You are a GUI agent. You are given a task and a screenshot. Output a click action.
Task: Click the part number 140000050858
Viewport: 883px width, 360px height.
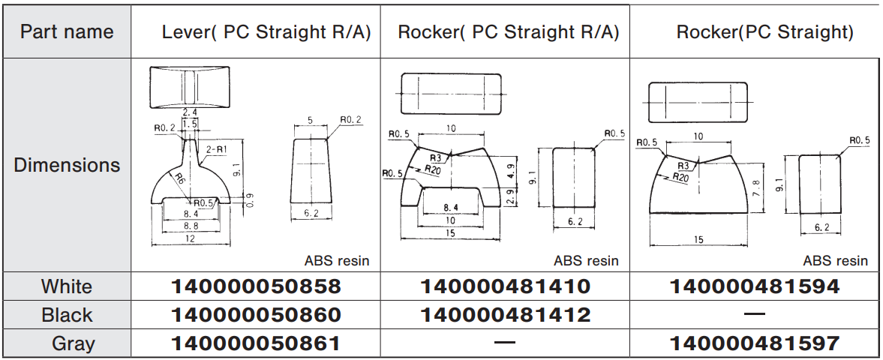[256, 286]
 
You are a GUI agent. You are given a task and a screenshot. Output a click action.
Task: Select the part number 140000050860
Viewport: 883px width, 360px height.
[256, 315]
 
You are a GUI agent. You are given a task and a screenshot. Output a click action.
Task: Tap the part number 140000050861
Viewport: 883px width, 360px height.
[256, 343]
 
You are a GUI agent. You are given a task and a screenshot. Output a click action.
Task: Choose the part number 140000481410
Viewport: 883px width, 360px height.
[505, 286]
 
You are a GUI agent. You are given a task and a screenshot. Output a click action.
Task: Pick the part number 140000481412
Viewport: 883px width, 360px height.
[505, 315]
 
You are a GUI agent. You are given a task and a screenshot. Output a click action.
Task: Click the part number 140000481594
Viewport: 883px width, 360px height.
[754, 286]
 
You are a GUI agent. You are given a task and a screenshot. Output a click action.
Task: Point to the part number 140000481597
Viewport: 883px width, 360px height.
[754, 343]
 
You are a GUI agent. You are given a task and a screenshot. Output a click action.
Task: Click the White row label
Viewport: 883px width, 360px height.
[67, 286]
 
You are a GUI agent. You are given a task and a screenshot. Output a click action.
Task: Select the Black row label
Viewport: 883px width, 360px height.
[67, 315]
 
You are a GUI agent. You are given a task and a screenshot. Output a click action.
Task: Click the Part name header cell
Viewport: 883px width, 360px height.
[67, 31]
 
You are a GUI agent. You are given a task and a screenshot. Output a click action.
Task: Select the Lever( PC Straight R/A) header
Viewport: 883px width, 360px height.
[266, 32]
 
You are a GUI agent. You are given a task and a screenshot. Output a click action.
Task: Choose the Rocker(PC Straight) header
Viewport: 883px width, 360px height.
[764, 32]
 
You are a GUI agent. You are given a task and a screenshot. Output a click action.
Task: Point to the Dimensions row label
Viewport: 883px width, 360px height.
[67, 165]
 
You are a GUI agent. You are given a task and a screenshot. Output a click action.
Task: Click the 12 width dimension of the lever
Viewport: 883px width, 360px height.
[190, 238]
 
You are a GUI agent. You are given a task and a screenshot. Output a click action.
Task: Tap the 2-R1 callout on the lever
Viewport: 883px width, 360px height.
[216, 150]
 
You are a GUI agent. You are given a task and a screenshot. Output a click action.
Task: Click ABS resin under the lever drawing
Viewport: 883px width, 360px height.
[337, 261]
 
